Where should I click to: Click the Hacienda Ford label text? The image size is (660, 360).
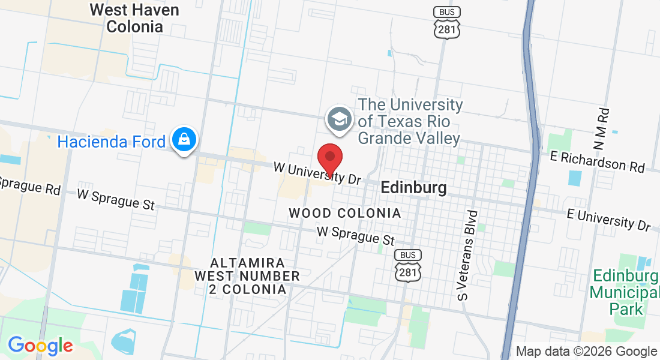(111, 142)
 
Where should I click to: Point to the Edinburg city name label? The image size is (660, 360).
(414, 188)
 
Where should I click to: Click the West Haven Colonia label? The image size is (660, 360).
(134, 19)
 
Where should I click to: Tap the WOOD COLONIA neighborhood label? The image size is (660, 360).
(344, 213)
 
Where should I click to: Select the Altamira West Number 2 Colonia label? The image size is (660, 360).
(247, 276)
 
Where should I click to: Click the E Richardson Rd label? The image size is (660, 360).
(598, 161)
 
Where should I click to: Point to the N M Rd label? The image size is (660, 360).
(602, 129)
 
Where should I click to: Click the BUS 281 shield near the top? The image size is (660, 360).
(447, 23)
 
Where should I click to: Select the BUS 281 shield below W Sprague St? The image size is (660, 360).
(408, 265)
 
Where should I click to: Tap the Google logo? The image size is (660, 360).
(40, 346)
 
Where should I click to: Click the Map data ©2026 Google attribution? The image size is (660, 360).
(587, 352)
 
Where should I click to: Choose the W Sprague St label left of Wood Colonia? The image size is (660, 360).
(116, 199)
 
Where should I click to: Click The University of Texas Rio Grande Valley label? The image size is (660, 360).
(410, 122)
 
